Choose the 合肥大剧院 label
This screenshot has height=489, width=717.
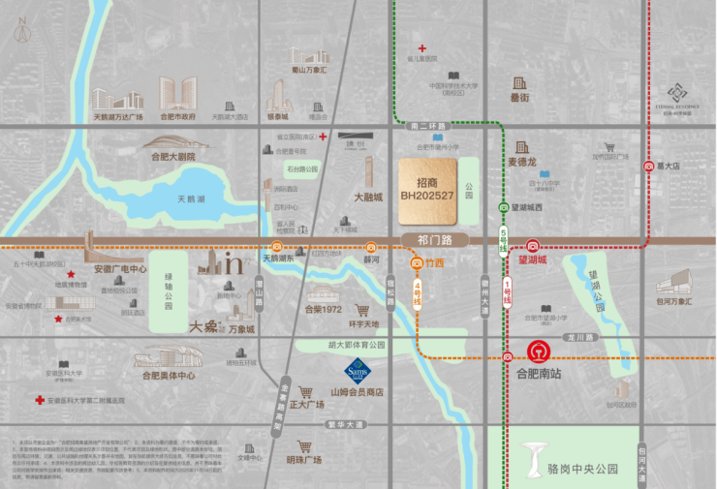172,156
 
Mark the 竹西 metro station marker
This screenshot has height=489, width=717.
418,262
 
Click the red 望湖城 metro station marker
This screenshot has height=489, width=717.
533,246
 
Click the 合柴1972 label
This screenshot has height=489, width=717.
323,310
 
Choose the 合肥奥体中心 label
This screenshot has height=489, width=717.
168,375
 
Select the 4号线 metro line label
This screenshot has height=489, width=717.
419,292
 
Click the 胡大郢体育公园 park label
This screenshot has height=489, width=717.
342,344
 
